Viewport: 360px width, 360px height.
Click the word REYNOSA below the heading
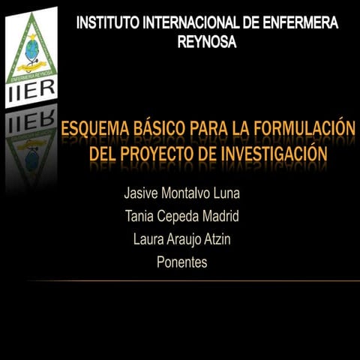coord(207,43)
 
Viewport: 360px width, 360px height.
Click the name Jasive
coord(142,193)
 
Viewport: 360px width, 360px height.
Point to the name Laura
coord(148,240)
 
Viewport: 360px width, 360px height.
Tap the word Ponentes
coord(181,263)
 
